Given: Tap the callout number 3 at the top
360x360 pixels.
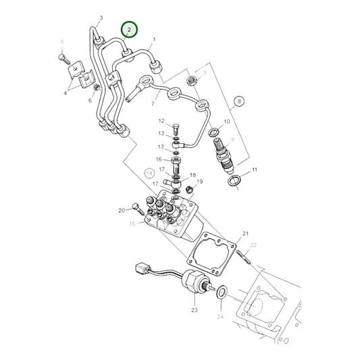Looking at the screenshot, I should click(101, 18).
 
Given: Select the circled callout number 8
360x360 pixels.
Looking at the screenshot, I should click(238, 103).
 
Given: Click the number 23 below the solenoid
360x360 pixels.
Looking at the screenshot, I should click(194, 310).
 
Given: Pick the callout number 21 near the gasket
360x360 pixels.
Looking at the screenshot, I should click(245, 233).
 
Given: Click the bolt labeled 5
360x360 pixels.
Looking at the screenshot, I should click(63, 59).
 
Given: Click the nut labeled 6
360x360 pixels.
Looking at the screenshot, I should click(97, 87).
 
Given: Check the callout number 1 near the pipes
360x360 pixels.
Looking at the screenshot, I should click(154, 40).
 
